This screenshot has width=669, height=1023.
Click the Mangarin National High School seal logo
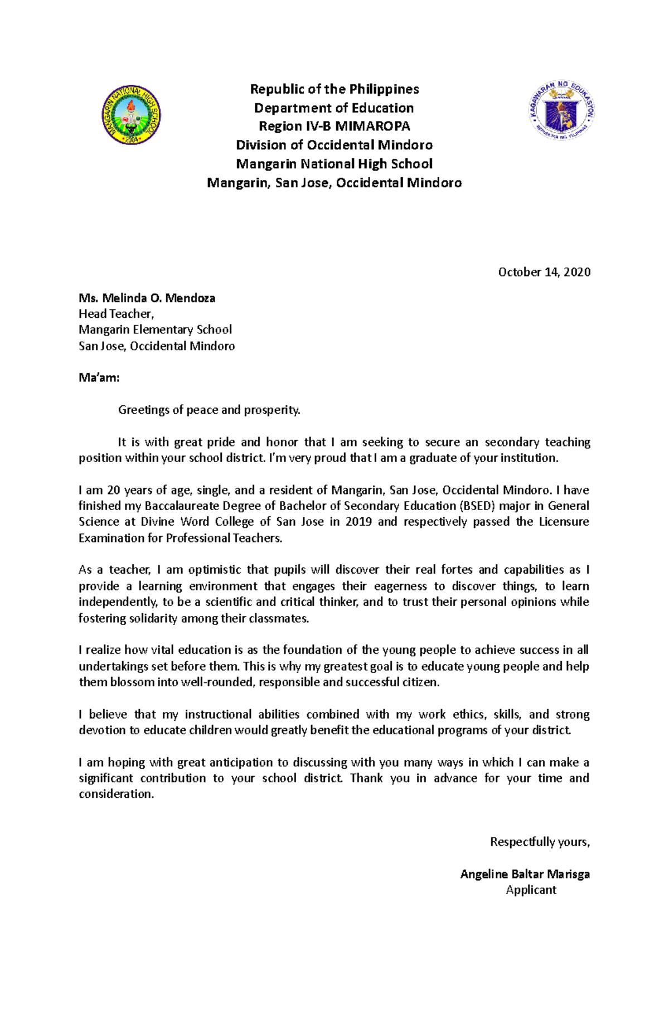point(132,115)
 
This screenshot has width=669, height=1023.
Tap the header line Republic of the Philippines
point(334,89)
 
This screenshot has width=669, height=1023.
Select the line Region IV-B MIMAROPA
point(334,126)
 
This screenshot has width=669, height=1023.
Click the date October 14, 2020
point(544,272)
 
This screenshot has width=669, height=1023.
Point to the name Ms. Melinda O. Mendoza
point(147,298)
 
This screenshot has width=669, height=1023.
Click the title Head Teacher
point(116,314)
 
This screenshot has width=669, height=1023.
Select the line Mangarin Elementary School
point(155,329)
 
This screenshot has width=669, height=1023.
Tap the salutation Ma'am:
point(99,378)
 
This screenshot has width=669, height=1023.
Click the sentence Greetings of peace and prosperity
point(209,410)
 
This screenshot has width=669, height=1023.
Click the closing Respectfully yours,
point(539,842)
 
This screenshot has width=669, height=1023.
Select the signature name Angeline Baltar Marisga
point(525,874)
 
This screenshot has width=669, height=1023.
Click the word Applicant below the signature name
point(531,890)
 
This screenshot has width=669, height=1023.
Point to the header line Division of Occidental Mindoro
point(334,145)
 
